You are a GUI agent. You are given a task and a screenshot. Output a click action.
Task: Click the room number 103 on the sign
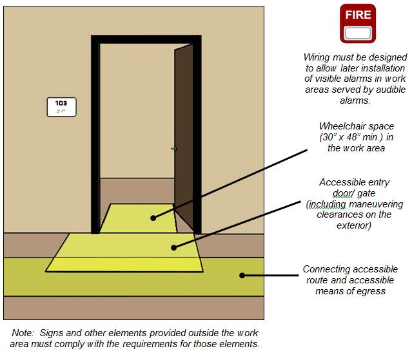61,103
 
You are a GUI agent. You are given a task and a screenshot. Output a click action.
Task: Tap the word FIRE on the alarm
358,15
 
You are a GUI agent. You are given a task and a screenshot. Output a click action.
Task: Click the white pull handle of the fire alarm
358,33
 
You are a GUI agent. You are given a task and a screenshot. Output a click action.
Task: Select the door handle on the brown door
174,149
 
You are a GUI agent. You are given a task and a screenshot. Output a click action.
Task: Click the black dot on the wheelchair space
153,218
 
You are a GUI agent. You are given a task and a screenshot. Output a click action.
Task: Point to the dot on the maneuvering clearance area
173,247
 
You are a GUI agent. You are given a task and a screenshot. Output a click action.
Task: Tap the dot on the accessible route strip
242,275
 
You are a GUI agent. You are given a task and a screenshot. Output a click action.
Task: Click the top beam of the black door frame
146,39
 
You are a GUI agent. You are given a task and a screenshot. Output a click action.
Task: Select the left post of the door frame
95,135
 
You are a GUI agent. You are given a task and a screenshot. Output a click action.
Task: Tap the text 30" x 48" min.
351,137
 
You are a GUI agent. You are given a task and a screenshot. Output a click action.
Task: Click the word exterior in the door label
354,225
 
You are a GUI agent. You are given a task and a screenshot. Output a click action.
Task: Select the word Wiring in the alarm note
317,58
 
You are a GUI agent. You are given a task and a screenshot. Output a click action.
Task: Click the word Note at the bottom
23,333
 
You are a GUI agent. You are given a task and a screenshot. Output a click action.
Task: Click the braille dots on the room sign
61,111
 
